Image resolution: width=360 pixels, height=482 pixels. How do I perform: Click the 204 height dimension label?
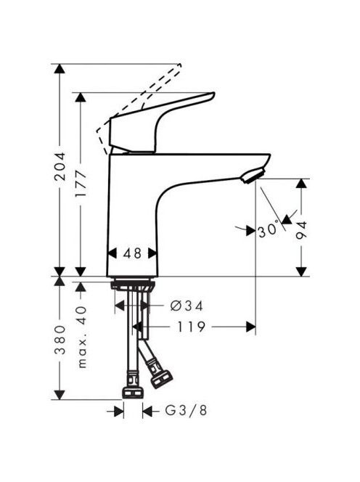(x=60, y=166)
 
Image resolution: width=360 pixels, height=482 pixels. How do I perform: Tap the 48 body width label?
(x=132, y=253)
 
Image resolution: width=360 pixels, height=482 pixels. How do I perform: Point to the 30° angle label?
(x=269, y=230)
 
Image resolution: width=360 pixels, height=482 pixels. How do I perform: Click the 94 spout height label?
(x=301, y=230)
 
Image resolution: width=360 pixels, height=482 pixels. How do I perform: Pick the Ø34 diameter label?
(x=187, y=306)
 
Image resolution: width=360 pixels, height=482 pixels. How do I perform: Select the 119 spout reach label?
(x=191, y=327)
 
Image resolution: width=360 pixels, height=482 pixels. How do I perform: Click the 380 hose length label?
(x=60, y=340)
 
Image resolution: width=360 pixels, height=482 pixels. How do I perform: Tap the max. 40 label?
(x=82, y=338)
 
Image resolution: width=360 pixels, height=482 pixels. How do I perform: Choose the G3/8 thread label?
(x=186, y=410)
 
